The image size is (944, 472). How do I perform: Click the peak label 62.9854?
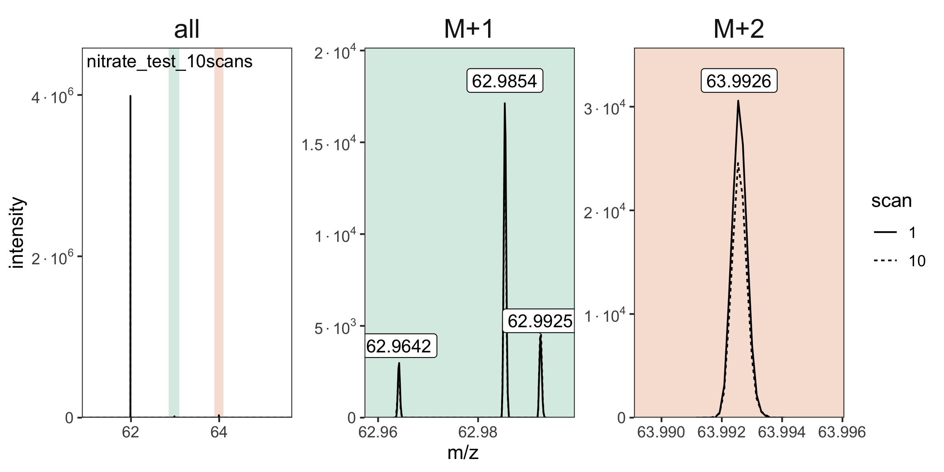tap(505, 81)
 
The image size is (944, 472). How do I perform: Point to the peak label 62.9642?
tap(399, 346)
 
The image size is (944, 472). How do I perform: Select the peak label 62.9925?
tap(539, 321)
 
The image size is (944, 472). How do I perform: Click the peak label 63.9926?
tap(739, 81)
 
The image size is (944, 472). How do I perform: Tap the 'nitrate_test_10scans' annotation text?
tap(170, 62)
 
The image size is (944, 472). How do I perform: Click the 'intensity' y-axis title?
tap(18, 234)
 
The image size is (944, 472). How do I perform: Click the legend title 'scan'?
tap(891, 201)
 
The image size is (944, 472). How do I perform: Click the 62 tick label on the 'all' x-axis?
tap(130, 432)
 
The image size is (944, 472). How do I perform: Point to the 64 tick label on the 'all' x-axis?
tap(219, 432)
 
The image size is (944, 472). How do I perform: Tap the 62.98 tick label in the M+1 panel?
tap(478, 432)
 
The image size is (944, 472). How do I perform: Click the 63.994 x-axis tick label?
tap(782, 432)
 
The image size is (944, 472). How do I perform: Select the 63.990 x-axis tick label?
tap(661, 432)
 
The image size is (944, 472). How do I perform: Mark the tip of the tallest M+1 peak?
tap(505, 103)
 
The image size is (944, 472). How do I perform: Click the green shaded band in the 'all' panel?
tap(174, 236)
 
